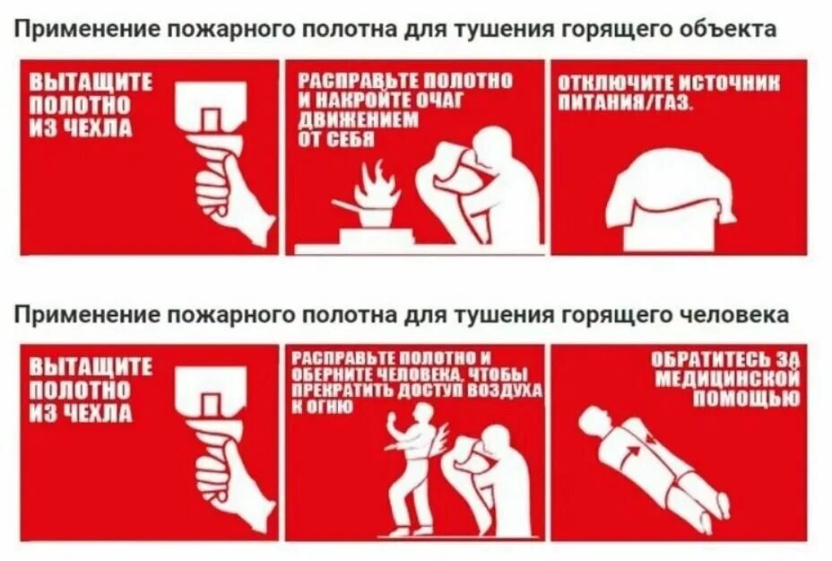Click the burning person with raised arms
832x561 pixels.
[414, 467]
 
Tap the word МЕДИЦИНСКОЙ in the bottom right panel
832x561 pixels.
[727, 380]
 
